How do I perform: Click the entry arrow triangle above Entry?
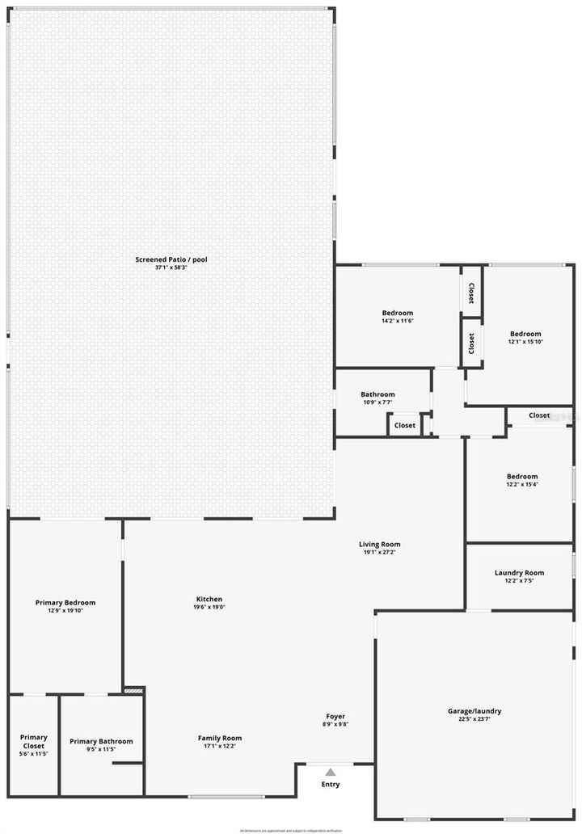[330, 772]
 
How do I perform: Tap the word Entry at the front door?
[331, 785]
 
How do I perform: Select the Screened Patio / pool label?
[171, 259]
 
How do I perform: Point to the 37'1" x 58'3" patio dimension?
[171, 267]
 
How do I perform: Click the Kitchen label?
[208, 599]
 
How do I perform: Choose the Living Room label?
[380, 544]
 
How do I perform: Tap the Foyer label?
[335, 716]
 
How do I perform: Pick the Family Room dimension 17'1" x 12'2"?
[220, 746]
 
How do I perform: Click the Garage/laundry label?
[474, 711]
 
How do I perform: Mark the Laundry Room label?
[519, 572]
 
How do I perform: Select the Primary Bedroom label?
[65, 602]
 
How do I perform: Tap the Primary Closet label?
[34, 741]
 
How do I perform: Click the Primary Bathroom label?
[101, 741]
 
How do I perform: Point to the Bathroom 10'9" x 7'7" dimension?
[377, 402]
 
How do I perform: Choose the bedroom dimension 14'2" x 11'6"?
[398, 321]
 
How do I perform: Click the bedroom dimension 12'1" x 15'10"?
[525, 341]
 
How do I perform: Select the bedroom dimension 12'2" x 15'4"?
[522, 484]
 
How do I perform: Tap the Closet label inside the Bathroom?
[405, 425]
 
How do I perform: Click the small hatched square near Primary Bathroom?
[133, 691]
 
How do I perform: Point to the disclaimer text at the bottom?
[291, 830]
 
